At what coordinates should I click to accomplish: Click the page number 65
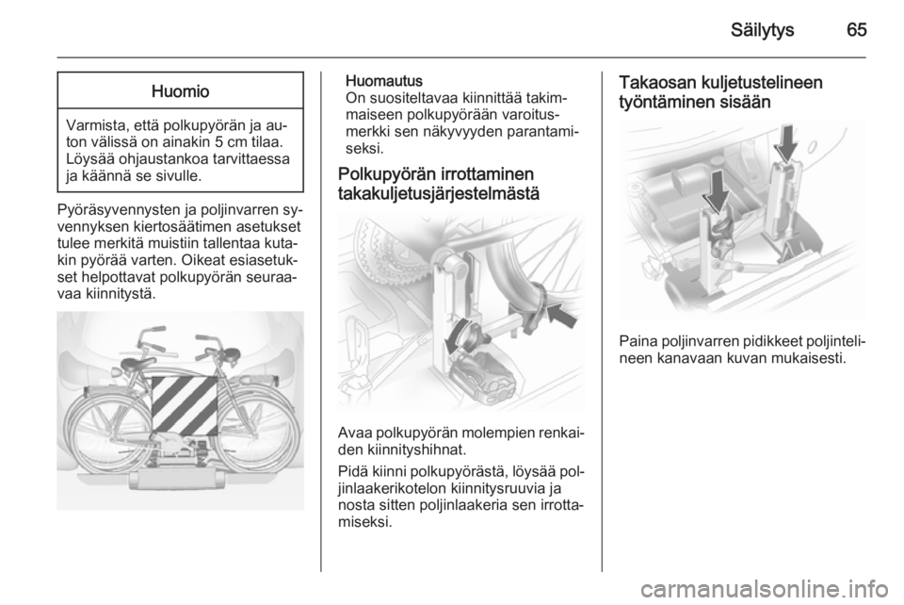coord(857,30)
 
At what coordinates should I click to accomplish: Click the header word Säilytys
coord(763,30)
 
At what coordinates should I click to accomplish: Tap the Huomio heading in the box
coord(180,91)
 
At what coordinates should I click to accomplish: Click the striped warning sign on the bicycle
coord(185,405)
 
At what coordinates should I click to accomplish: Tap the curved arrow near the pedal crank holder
coord(458,336)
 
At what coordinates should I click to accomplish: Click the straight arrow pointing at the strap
coord(561,316)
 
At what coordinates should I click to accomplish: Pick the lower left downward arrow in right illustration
coord(716,191)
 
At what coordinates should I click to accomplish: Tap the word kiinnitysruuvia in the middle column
coord(497,489)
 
